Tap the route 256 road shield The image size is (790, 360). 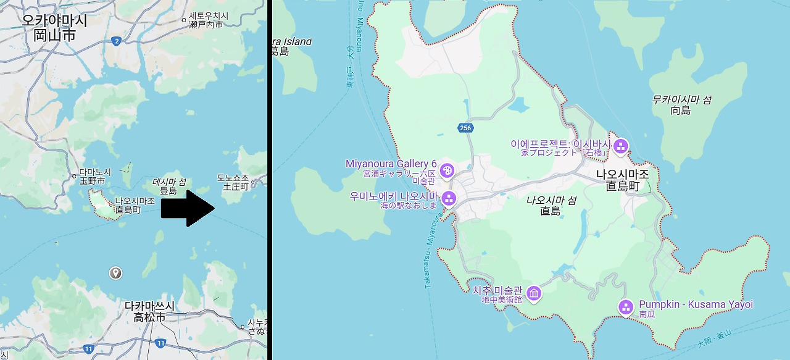(x=465, y=128)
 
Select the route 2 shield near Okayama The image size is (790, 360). (x=116, y=41)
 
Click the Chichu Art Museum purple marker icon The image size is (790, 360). (x=534, y=292)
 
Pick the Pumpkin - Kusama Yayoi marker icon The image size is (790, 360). (x=626, y=307)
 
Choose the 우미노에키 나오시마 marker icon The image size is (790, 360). (x=449, y=198)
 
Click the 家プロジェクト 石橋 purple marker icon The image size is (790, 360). (x=620, y=146)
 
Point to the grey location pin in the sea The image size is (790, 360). (x=114, y=273)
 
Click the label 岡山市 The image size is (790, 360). (x=55, y=35)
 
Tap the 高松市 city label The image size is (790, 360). (x=149, y=317)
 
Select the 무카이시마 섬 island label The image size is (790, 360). (x=681, y=99)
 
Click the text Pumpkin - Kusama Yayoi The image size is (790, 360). (x=696, y=304)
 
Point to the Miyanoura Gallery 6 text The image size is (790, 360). (x=391, y=164)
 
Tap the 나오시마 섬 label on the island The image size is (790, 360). (x=551, y=200)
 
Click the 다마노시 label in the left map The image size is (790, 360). (x=96, y=172)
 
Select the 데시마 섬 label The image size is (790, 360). (x=169, y=182)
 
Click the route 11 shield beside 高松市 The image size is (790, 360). (x=161, y=343)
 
